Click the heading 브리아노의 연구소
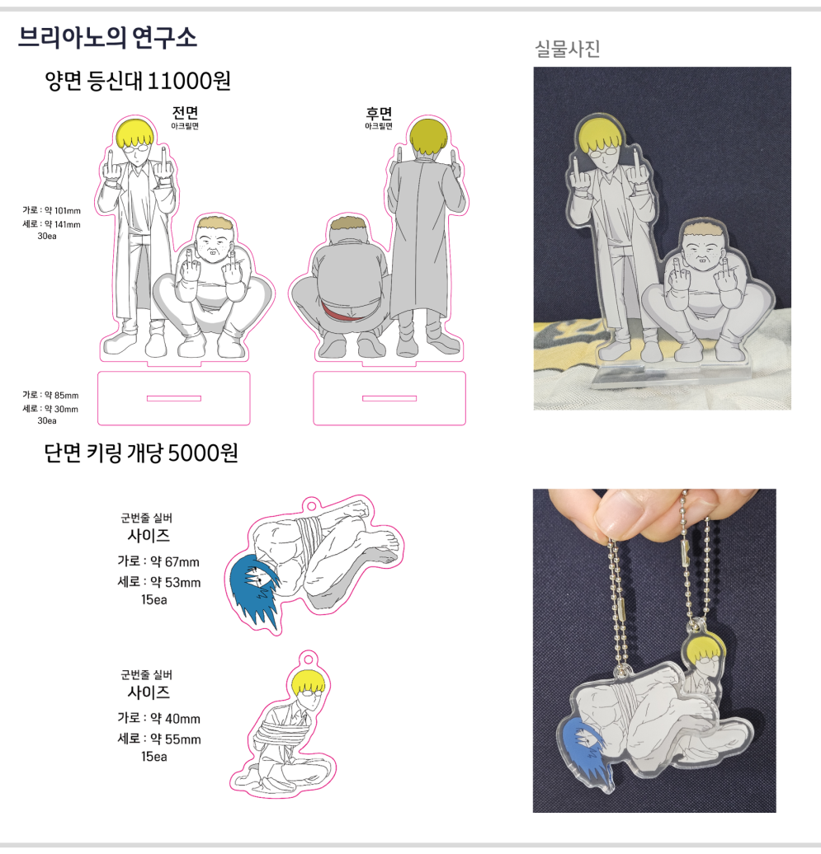[x=107, y=38]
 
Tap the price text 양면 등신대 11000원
[x=138, y=81]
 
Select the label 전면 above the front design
[x=186, y=113]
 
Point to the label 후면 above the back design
[x=379, y=113]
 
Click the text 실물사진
[x=568, y=49]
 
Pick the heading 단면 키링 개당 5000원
[x=140, y=453]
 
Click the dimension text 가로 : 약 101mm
[x=51, y=210]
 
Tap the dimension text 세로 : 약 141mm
[x=51, y=224]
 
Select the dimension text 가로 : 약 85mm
[x=50, y=395]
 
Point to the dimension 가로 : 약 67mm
[x=158, y=561]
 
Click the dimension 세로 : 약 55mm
[x=159, y=739]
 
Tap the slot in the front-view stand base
[x=174, y=398]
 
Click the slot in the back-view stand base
[x=389, y=398]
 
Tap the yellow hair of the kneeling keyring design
[x=308, y=682]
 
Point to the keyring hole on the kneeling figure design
[x=309, y=659]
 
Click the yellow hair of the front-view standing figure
[x=134, y=134]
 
